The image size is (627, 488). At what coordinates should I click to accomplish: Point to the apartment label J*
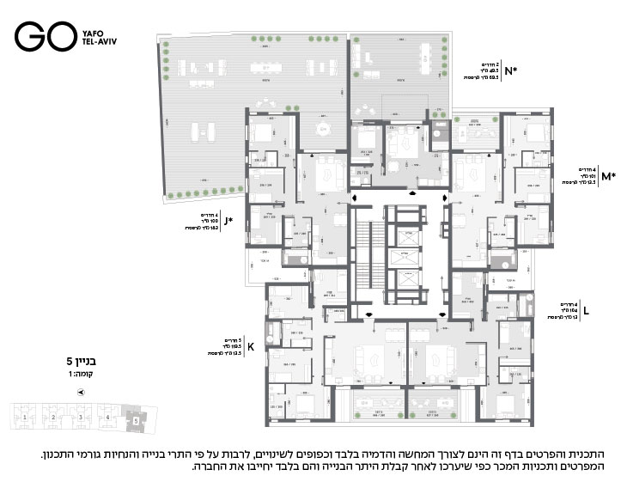228,220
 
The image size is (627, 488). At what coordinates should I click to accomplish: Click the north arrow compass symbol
81,392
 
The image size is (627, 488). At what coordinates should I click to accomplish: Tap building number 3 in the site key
81,418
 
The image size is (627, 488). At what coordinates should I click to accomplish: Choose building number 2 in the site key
53,418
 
